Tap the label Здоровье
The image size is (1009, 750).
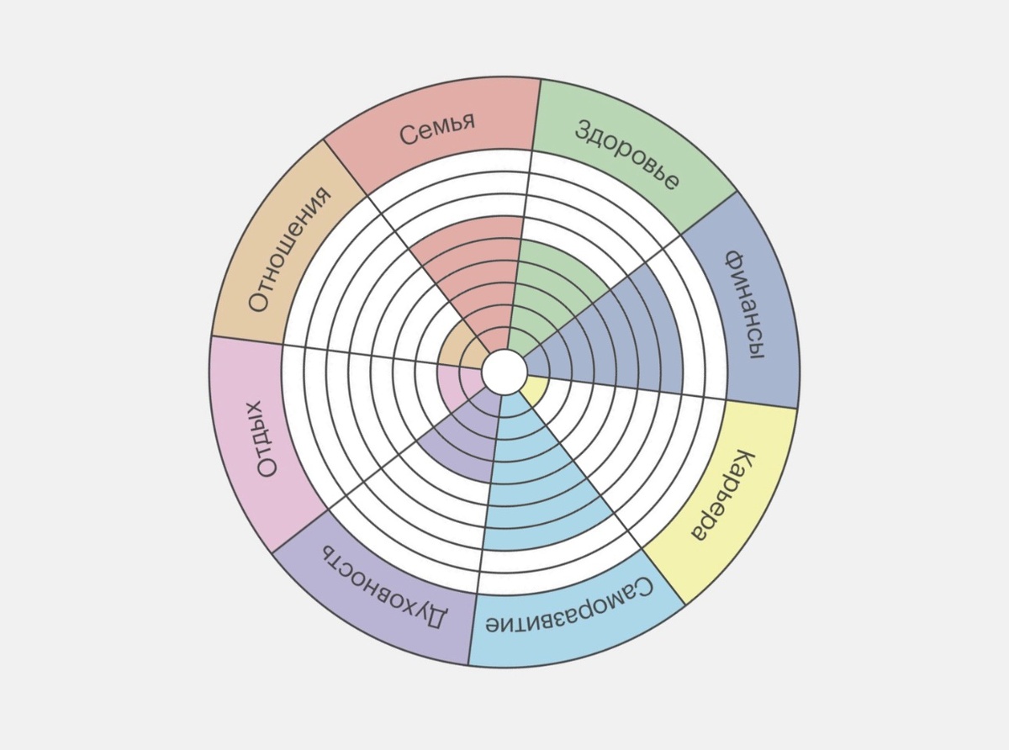point(627,155)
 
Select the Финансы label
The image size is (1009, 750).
point(746,304)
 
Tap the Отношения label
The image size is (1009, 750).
point(291,250)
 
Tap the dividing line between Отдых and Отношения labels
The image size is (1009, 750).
point(246,339)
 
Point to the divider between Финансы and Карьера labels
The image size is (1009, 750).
point(761,403)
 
